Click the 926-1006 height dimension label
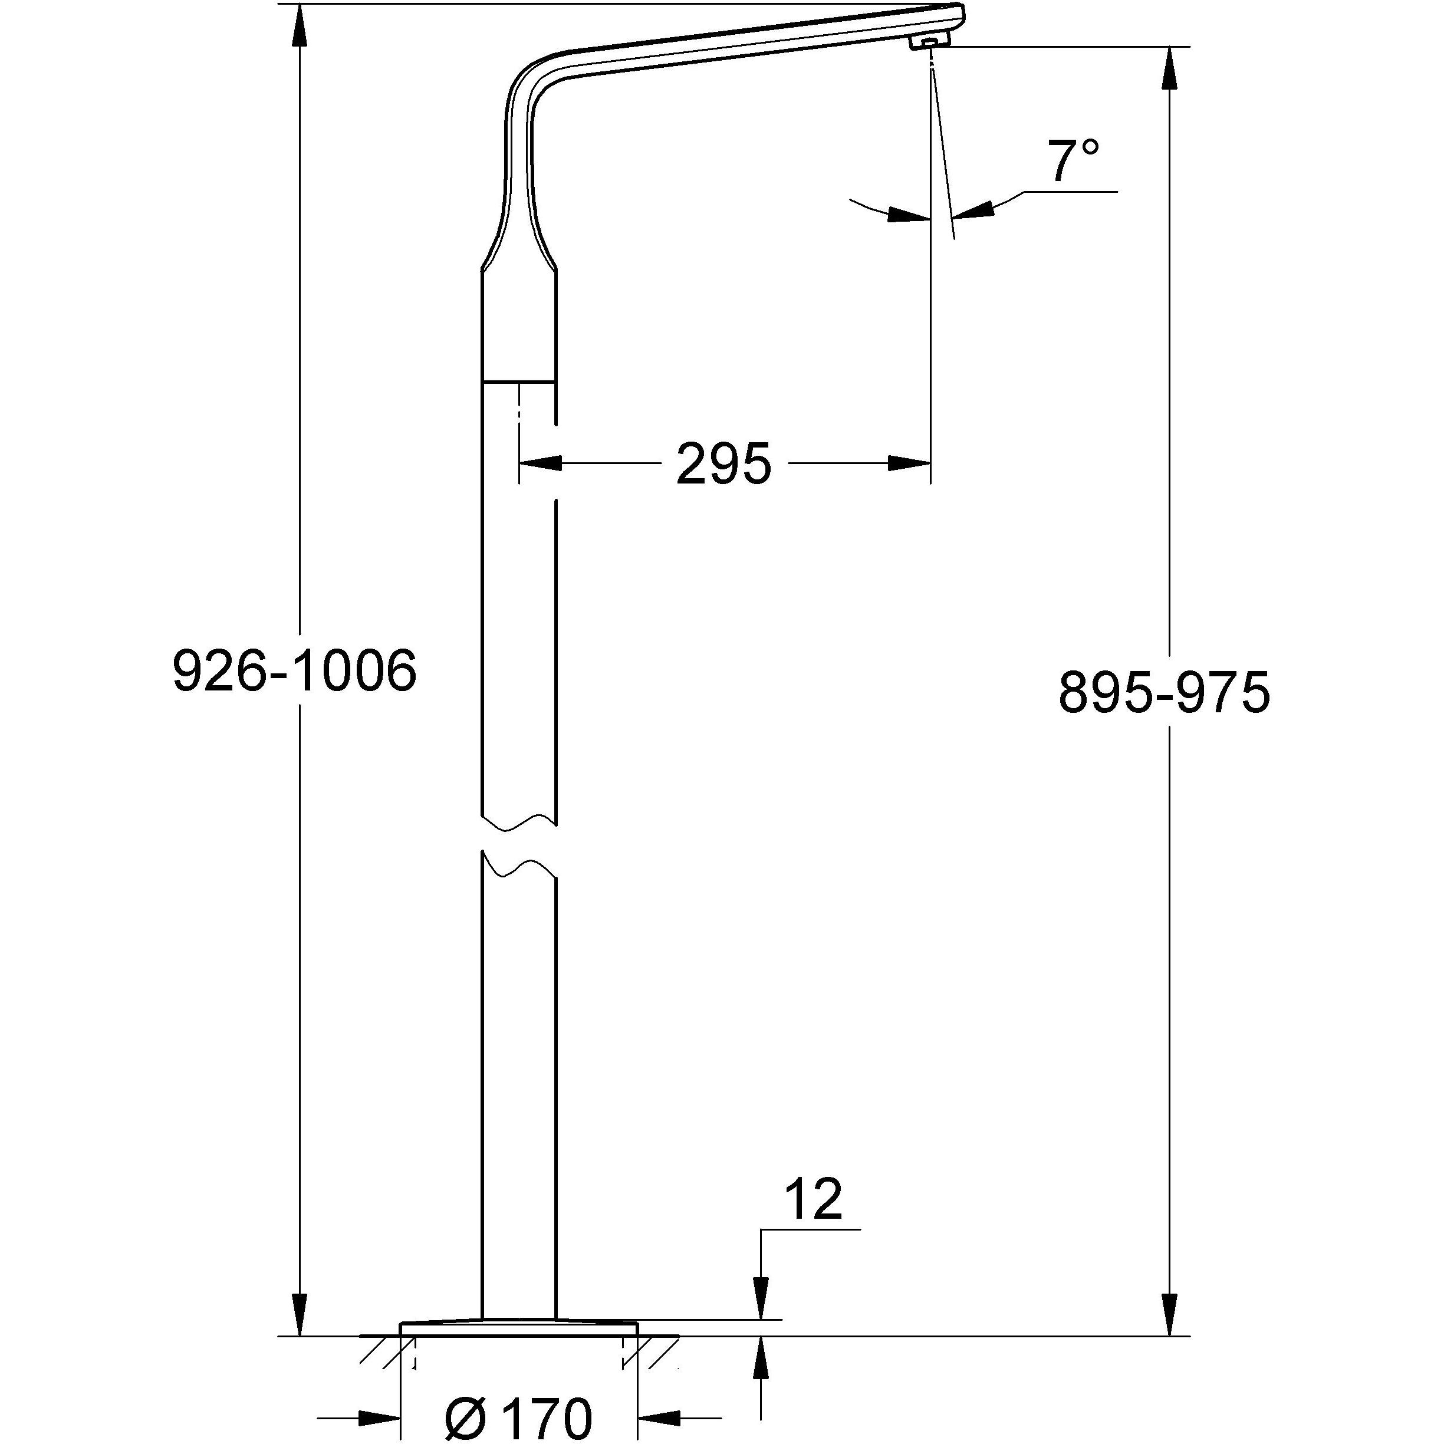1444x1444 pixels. coord(294,670)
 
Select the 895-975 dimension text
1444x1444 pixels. coord(1165,693)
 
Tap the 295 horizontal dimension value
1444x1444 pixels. coord(723,464)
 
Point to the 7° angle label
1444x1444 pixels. coord(1075,161)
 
